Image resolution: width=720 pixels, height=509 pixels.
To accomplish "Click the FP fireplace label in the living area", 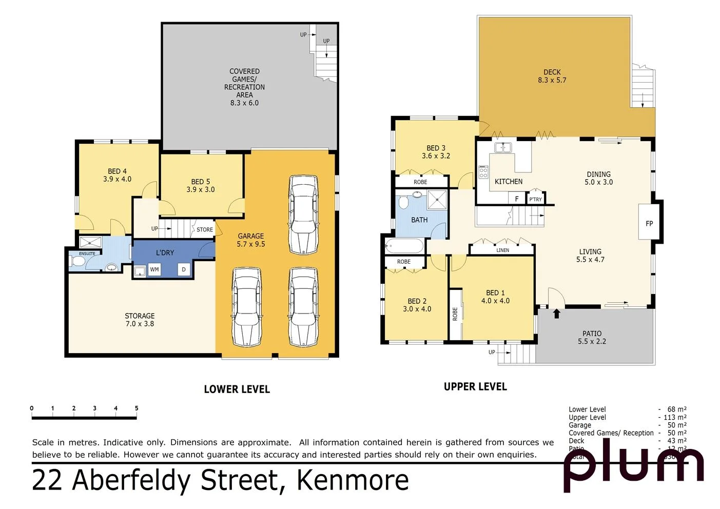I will (x=649, y=223).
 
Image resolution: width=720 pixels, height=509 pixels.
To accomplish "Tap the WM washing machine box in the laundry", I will (x=154, y=269).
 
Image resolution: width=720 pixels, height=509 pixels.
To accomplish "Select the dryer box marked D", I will (x=184, y=269).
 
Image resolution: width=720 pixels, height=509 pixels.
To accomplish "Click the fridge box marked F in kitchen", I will (x=517, y=199).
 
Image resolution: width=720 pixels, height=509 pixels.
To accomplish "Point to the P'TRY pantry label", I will (x=535, y=199).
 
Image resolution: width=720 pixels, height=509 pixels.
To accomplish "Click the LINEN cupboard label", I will (x=502, y=250).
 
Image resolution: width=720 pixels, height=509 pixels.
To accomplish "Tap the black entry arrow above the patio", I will (x=556, y=313).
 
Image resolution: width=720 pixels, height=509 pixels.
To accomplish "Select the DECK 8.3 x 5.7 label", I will (x=552, y=76).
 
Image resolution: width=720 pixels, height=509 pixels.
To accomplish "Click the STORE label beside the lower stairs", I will (x=204, y=229).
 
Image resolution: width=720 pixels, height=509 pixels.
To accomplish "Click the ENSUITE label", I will (x=87, y=253).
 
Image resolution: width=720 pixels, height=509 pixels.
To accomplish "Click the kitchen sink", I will (x=503, y=148).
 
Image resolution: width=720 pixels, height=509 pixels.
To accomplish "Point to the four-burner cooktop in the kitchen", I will (x=483, y=172).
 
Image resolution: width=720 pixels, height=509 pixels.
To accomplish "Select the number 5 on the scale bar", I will (x=137, y=408).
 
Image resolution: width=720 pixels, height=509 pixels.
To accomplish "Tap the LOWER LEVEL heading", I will (x=237, y=389).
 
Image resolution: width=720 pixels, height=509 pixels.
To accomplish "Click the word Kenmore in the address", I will (x=353, y=480).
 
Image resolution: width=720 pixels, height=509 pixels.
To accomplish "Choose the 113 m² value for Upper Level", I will (x=674, y=417).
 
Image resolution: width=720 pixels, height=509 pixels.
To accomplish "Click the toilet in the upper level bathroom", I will (x=403, y=203).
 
